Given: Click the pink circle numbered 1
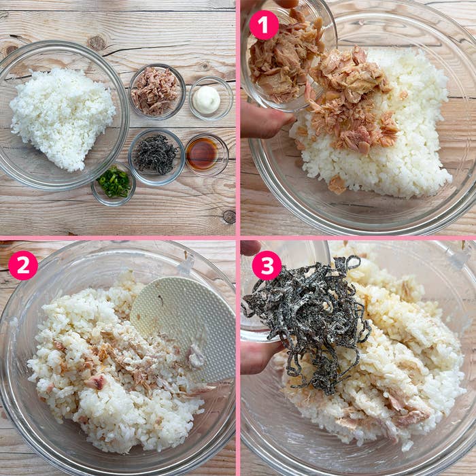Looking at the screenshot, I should coord(264,25).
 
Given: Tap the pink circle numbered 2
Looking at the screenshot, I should coord(23,265).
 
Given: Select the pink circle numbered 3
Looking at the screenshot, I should coord(267,265).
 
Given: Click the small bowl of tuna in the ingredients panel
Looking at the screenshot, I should coord(157,91).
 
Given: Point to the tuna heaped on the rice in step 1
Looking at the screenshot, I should coord(350,102).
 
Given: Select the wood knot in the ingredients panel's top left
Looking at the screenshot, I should coord(11,49).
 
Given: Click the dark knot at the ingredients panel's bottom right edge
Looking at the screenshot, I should coord(229,216).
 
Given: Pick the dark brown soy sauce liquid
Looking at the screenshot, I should coord(202,154).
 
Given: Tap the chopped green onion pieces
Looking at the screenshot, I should coord(114,182).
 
